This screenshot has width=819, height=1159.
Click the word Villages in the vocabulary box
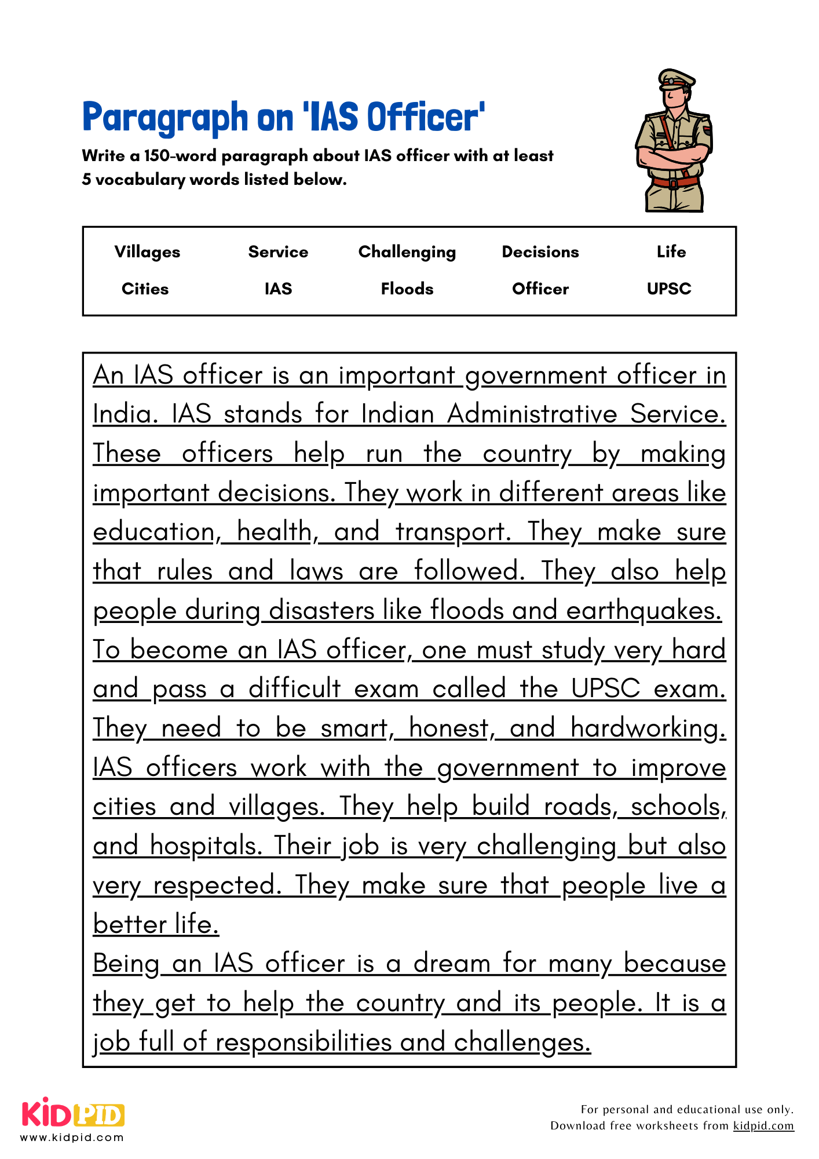tap(147, 252)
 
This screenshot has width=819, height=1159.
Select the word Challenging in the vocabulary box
tap(407, 252)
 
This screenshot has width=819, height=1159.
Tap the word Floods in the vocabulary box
tap(407, 289)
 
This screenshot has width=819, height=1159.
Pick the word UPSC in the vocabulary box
tap(669, 289)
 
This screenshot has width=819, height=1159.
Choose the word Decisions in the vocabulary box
tap(540, 252)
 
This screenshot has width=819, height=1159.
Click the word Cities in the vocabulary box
tap(145, 289)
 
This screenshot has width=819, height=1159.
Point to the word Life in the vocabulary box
tap(671, 252)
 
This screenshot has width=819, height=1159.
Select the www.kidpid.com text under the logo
tap(72, 1138)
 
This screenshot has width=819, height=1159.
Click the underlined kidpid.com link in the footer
tap(763, 1125)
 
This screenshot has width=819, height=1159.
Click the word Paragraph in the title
tap(165, 117)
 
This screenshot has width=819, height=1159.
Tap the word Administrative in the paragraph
tap(532, 414)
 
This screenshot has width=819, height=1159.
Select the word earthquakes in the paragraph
tap(643, 611)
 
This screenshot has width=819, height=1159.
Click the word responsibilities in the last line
tap(304, 1043)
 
